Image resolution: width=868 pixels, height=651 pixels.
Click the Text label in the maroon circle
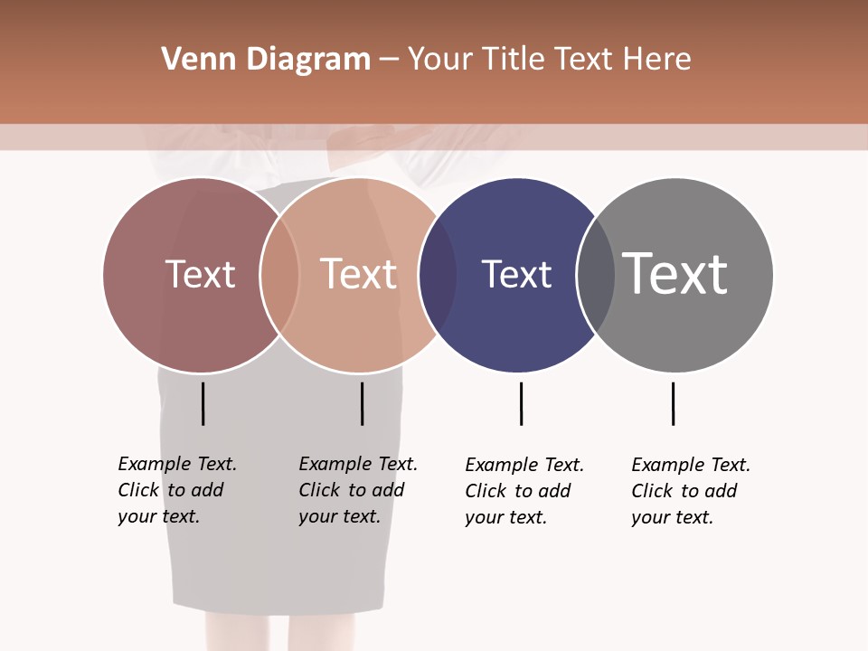200,274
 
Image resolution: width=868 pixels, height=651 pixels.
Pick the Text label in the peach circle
359,274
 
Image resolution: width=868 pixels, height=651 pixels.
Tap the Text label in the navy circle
516,274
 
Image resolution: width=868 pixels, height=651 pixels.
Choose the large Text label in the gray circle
675,274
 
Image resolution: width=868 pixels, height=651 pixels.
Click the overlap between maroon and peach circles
279,275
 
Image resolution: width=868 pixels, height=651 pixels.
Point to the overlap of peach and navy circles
438,275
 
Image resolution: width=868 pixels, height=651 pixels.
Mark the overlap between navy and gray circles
596,275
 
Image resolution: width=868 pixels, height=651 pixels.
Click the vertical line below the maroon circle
203,403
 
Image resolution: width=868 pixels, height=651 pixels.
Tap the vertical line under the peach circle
362,403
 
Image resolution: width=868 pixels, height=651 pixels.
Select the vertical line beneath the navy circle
521,403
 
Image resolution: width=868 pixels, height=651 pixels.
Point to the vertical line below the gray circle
673,403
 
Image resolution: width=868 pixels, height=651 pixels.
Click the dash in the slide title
389,60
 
